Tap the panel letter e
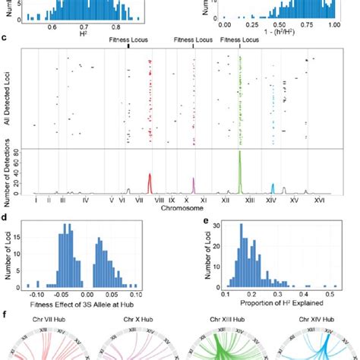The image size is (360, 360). [186, 218]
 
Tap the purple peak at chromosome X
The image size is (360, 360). [194, 186]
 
